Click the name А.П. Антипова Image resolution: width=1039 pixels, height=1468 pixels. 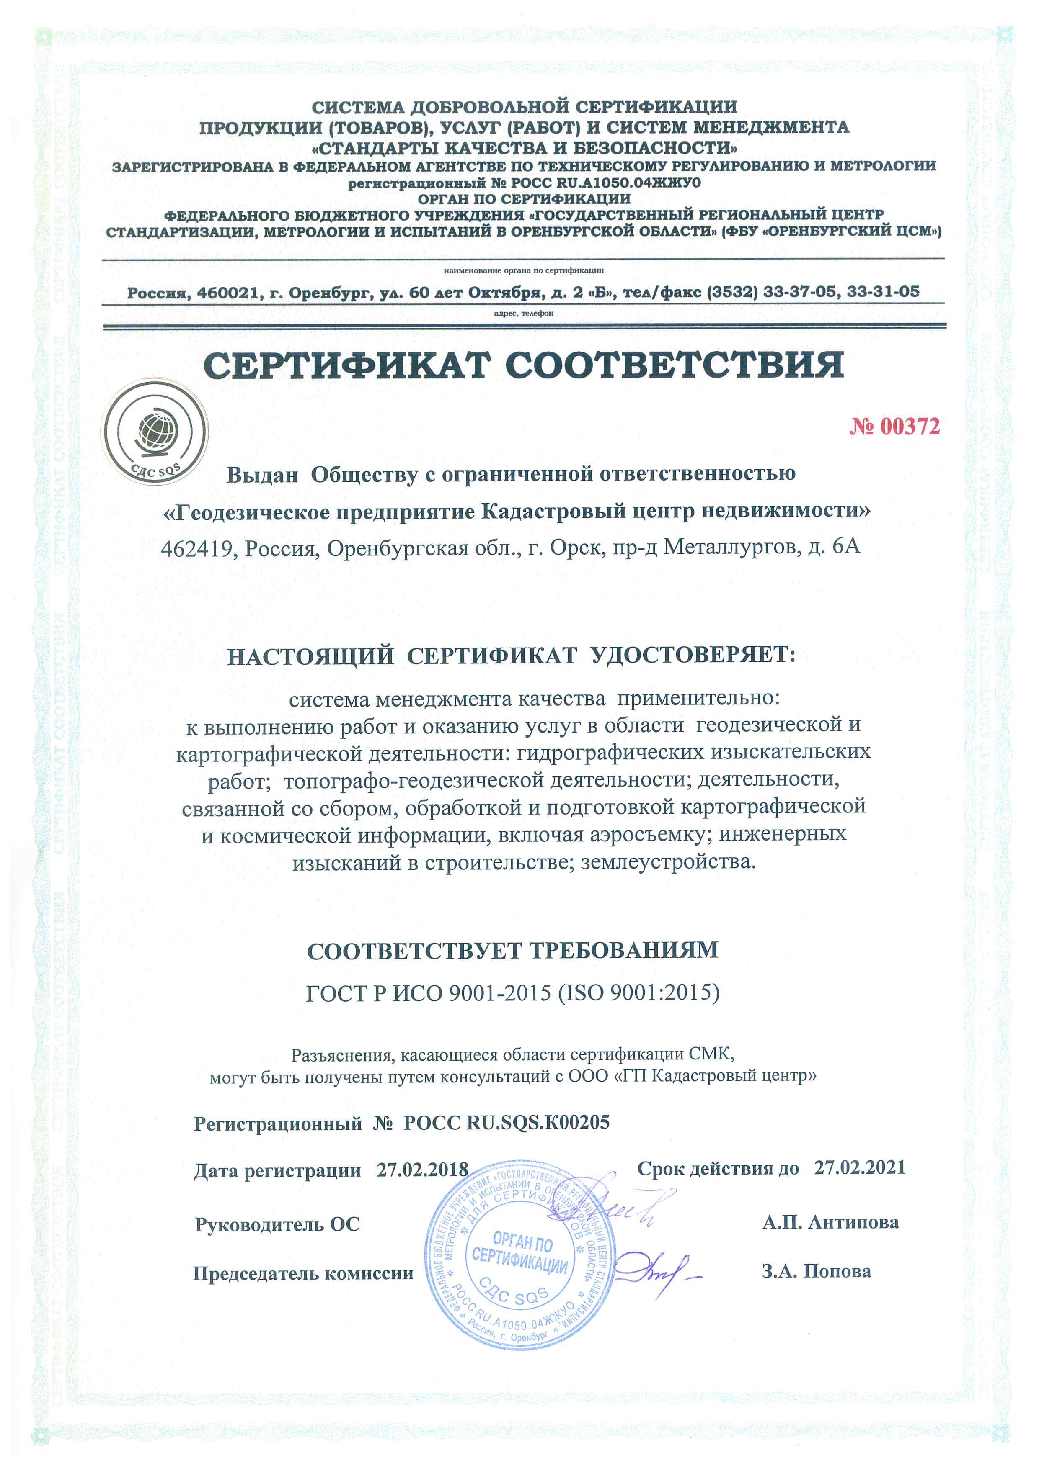click(x=830, y=1222)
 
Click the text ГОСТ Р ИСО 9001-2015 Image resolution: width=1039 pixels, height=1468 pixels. click(x=428, y=992)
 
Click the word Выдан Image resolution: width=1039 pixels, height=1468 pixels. click(x=262, y=474)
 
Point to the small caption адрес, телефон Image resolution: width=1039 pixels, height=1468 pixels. click(x=523, y=313)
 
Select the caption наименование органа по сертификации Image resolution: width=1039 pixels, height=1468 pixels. click(x=523, y=270)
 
